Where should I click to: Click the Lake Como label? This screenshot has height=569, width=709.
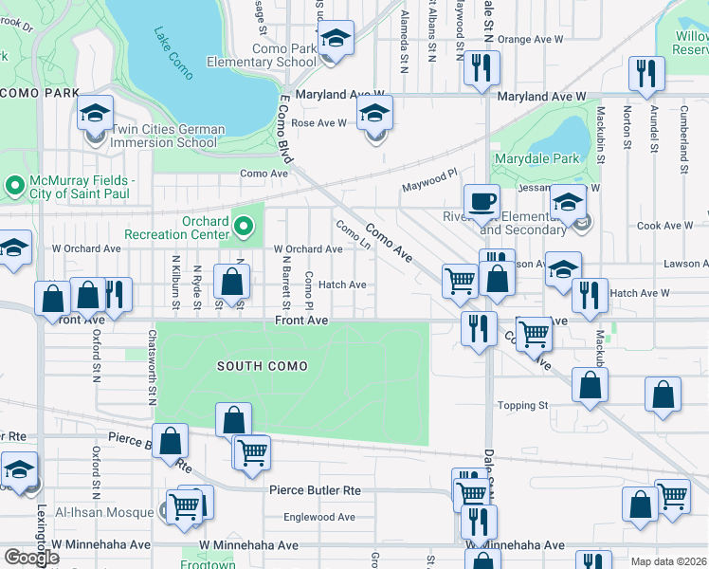(171, 46)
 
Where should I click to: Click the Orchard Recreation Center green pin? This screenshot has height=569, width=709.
(245, 226)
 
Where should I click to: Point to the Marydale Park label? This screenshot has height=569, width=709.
(536, 159)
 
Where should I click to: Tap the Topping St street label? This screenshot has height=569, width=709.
(523, 405)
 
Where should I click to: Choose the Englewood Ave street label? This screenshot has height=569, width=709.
(319, 517)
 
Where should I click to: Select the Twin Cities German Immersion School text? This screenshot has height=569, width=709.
(168, 136)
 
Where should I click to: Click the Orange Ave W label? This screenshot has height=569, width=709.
(530, 40)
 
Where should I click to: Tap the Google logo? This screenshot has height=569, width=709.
(31, 558)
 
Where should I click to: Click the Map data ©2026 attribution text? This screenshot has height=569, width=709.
(668, 561)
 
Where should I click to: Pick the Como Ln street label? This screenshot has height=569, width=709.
(352, 235)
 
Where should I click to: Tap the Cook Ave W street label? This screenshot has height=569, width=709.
(664, 226)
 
